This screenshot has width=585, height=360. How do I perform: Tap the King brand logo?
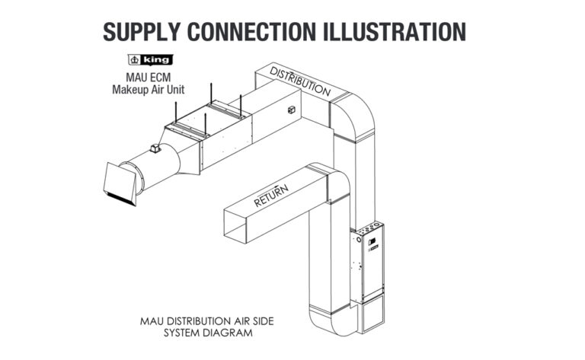coord(149,59)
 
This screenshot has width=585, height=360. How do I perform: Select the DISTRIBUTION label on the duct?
coord(301,80)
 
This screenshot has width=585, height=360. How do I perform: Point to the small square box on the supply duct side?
coord(290,112)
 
